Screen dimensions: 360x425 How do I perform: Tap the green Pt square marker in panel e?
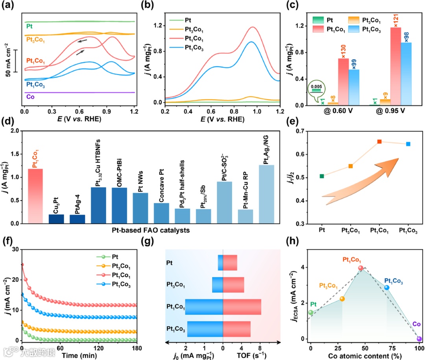[322, 176]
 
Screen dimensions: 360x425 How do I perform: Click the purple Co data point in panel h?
[419, 339]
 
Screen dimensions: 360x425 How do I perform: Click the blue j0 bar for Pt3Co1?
[218, 285]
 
